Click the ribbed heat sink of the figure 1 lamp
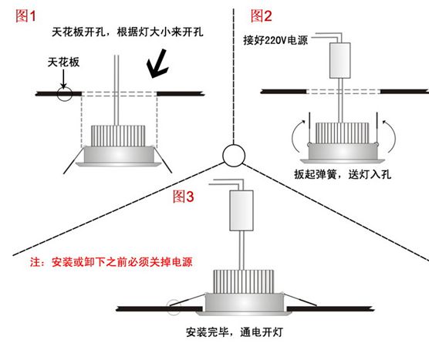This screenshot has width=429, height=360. [120, 136]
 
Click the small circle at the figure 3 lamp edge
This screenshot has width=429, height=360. [177, 307]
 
